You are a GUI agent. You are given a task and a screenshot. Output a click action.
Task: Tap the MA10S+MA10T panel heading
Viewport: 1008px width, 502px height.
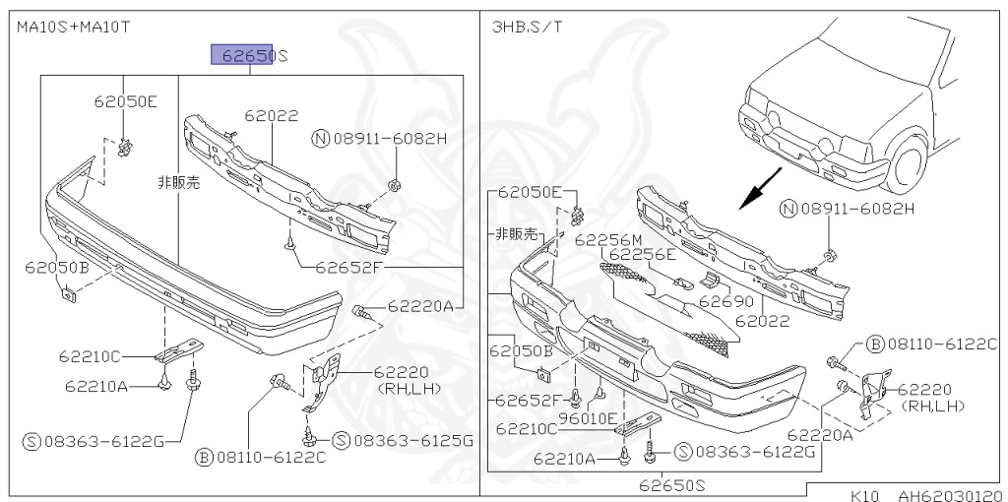click(x=73, y=28)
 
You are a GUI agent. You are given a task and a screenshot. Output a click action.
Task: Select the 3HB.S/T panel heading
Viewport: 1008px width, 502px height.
click(x=527, y=28)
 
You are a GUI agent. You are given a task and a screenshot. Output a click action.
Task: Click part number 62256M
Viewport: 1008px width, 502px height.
click(x=607, y=239)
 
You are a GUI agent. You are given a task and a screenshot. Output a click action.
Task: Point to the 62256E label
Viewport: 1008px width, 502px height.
click(x=641, y=254)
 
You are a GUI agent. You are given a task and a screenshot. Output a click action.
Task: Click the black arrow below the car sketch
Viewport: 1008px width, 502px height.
click(x=760, y=187)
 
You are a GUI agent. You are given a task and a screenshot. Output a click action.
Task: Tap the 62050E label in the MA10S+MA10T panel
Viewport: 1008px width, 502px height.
click(x=125, y=101)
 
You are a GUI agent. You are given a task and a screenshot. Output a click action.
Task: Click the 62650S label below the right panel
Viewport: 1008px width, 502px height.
click(x=671, y=484)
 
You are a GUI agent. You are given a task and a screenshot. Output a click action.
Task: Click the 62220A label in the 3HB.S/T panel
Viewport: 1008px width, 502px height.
click(x=819, y=433)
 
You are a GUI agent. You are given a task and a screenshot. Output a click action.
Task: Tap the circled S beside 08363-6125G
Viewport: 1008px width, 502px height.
click(x=340, y=440)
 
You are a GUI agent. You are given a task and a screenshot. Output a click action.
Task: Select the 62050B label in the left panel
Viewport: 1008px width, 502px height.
click(x=57, y=267)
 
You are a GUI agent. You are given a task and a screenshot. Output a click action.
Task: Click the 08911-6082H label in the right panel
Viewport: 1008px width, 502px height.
click(x=856, y=208)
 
